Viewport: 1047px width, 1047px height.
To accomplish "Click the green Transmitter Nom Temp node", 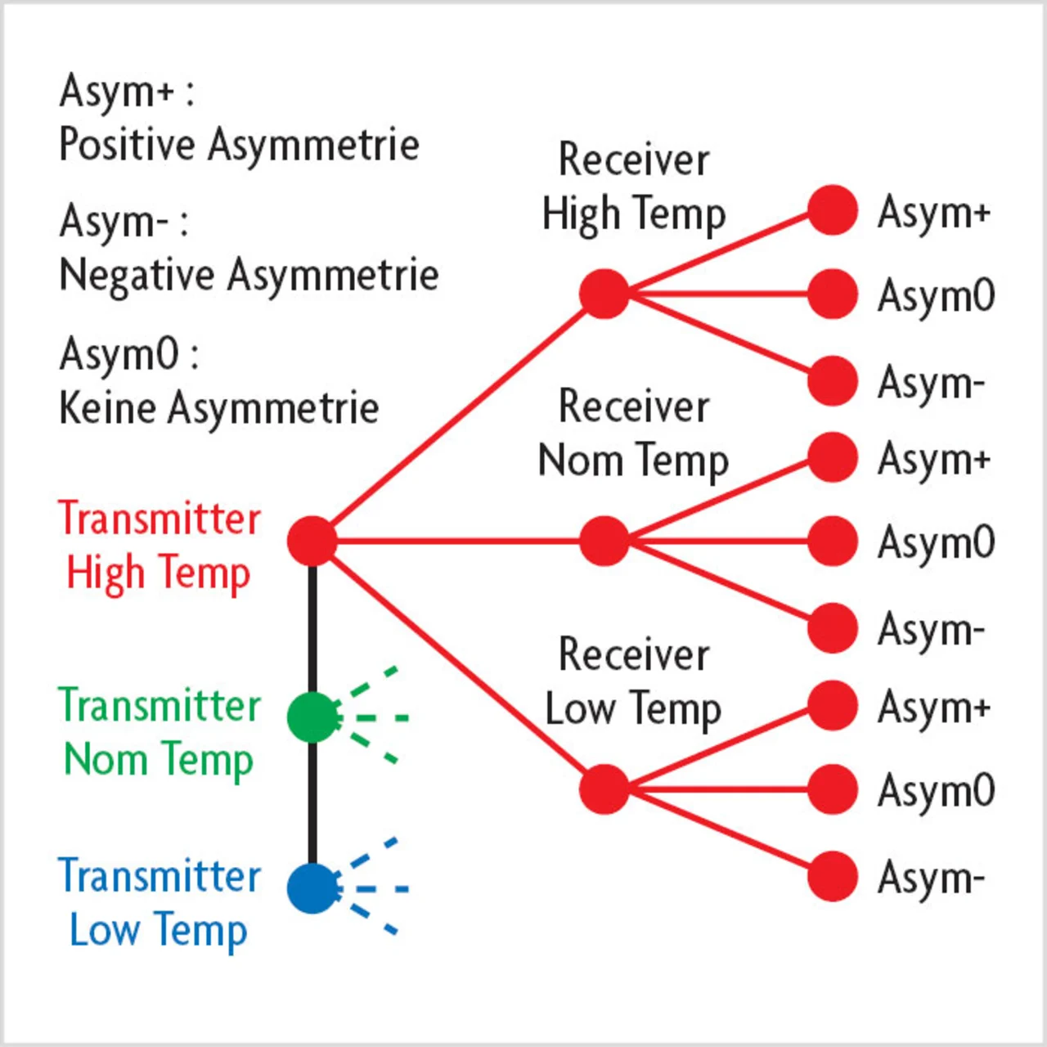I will [312, 717].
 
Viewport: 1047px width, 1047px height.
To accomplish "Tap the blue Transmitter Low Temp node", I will [312, 888].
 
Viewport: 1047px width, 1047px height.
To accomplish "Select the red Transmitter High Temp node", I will [312, 541].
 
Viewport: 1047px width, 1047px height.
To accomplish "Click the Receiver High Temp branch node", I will [604, 294].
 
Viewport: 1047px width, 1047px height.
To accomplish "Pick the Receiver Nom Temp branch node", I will [604, 541].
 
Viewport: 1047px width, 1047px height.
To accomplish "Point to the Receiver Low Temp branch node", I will [604, 789].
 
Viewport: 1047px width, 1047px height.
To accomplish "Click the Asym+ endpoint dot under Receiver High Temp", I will [832, 210].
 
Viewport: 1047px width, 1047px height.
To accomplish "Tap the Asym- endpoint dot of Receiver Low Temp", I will [832, 876].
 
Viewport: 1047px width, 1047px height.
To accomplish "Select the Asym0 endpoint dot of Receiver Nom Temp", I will [832, 541].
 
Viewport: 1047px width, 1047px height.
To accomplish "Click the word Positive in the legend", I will [128, 145].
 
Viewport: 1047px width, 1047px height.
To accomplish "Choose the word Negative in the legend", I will [136, 275].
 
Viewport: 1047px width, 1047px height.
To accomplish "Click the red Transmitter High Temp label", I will [160, 546].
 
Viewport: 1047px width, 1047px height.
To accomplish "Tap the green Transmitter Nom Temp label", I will [160, 732].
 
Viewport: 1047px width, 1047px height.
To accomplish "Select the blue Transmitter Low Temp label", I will [160, 903].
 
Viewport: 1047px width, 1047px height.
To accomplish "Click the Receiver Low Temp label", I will [633, 681].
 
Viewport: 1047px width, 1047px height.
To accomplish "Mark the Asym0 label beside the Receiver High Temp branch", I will [936, 295].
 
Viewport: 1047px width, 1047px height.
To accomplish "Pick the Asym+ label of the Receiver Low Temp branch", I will [933, 708].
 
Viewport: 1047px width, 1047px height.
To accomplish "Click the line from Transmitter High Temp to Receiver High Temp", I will [458, 417].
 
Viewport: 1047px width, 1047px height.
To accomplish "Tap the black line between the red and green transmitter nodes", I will [312, 630].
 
